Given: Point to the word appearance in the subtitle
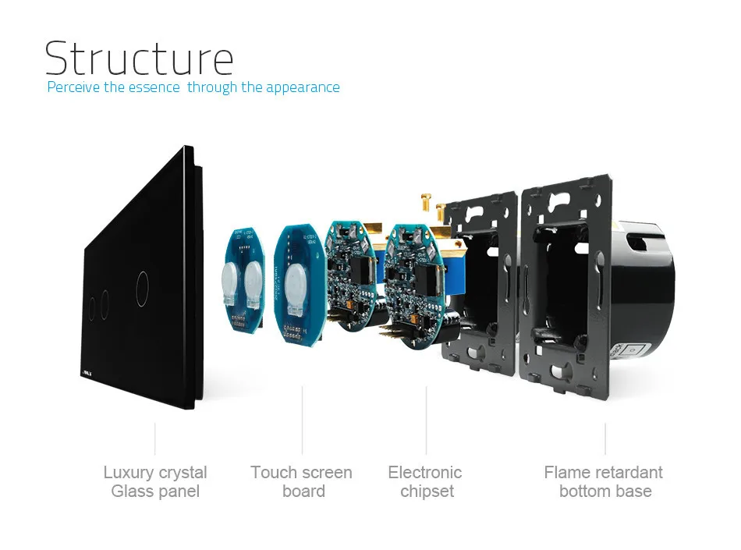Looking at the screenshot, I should coord(303,87).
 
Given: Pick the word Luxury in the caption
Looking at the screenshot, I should coord(128,473).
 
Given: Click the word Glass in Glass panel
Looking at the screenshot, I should coord(132,491).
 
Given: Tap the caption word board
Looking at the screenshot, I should coord(303,491).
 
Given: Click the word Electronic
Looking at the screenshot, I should coord(425,473).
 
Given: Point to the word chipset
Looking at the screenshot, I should coord(427,491).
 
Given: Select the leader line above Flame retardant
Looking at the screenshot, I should coord(605,438).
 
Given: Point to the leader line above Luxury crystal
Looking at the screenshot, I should coord(155,438).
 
